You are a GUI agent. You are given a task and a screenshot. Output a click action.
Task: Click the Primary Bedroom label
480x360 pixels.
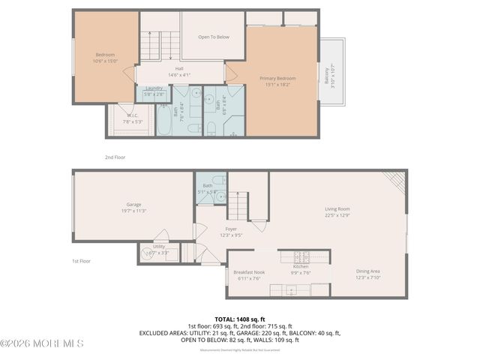coord(277,79)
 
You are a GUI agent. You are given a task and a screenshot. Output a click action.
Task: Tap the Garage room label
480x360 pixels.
coord(135,204)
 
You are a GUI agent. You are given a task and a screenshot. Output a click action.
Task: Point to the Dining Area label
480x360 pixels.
coord(367,271)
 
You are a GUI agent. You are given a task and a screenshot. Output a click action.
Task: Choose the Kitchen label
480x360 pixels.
coord(300,266)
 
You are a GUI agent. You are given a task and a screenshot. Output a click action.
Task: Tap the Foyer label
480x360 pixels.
coord(231,229)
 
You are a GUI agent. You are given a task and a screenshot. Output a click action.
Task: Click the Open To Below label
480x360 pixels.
coord(214,36)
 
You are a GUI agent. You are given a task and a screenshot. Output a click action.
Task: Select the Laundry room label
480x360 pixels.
coord(154,88)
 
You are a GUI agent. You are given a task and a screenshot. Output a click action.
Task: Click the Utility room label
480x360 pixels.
coord(158,246)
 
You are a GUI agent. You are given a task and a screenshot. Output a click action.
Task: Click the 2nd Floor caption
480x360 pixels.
coord(114,157)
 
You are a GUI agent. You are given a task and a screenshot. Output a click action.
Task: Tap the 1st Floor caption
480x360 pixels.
coord(81,260)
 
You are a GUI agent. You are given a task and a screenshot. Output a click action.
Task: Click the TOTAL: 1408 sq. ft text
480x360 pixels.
coord(240,319)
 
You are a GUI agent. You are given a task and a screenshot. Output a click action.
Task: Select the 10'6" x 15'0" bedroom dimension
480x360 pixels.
coord(105,61)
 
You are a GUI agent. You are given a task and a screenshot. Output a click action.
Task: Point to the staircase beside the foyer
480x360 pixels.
coord(238,205)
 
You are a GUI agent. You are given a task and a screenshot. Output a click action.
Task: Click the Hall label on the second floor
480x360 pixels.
coord(179,68)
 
